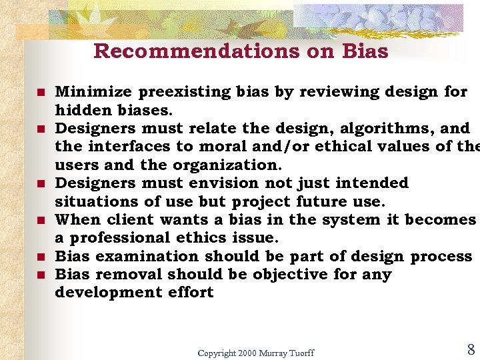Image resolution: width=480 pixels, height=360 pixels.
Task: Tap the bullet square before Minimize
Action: coord(41,92)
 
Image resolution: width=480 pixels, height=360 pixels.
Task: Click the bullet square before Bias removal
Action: coord(41,274)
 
